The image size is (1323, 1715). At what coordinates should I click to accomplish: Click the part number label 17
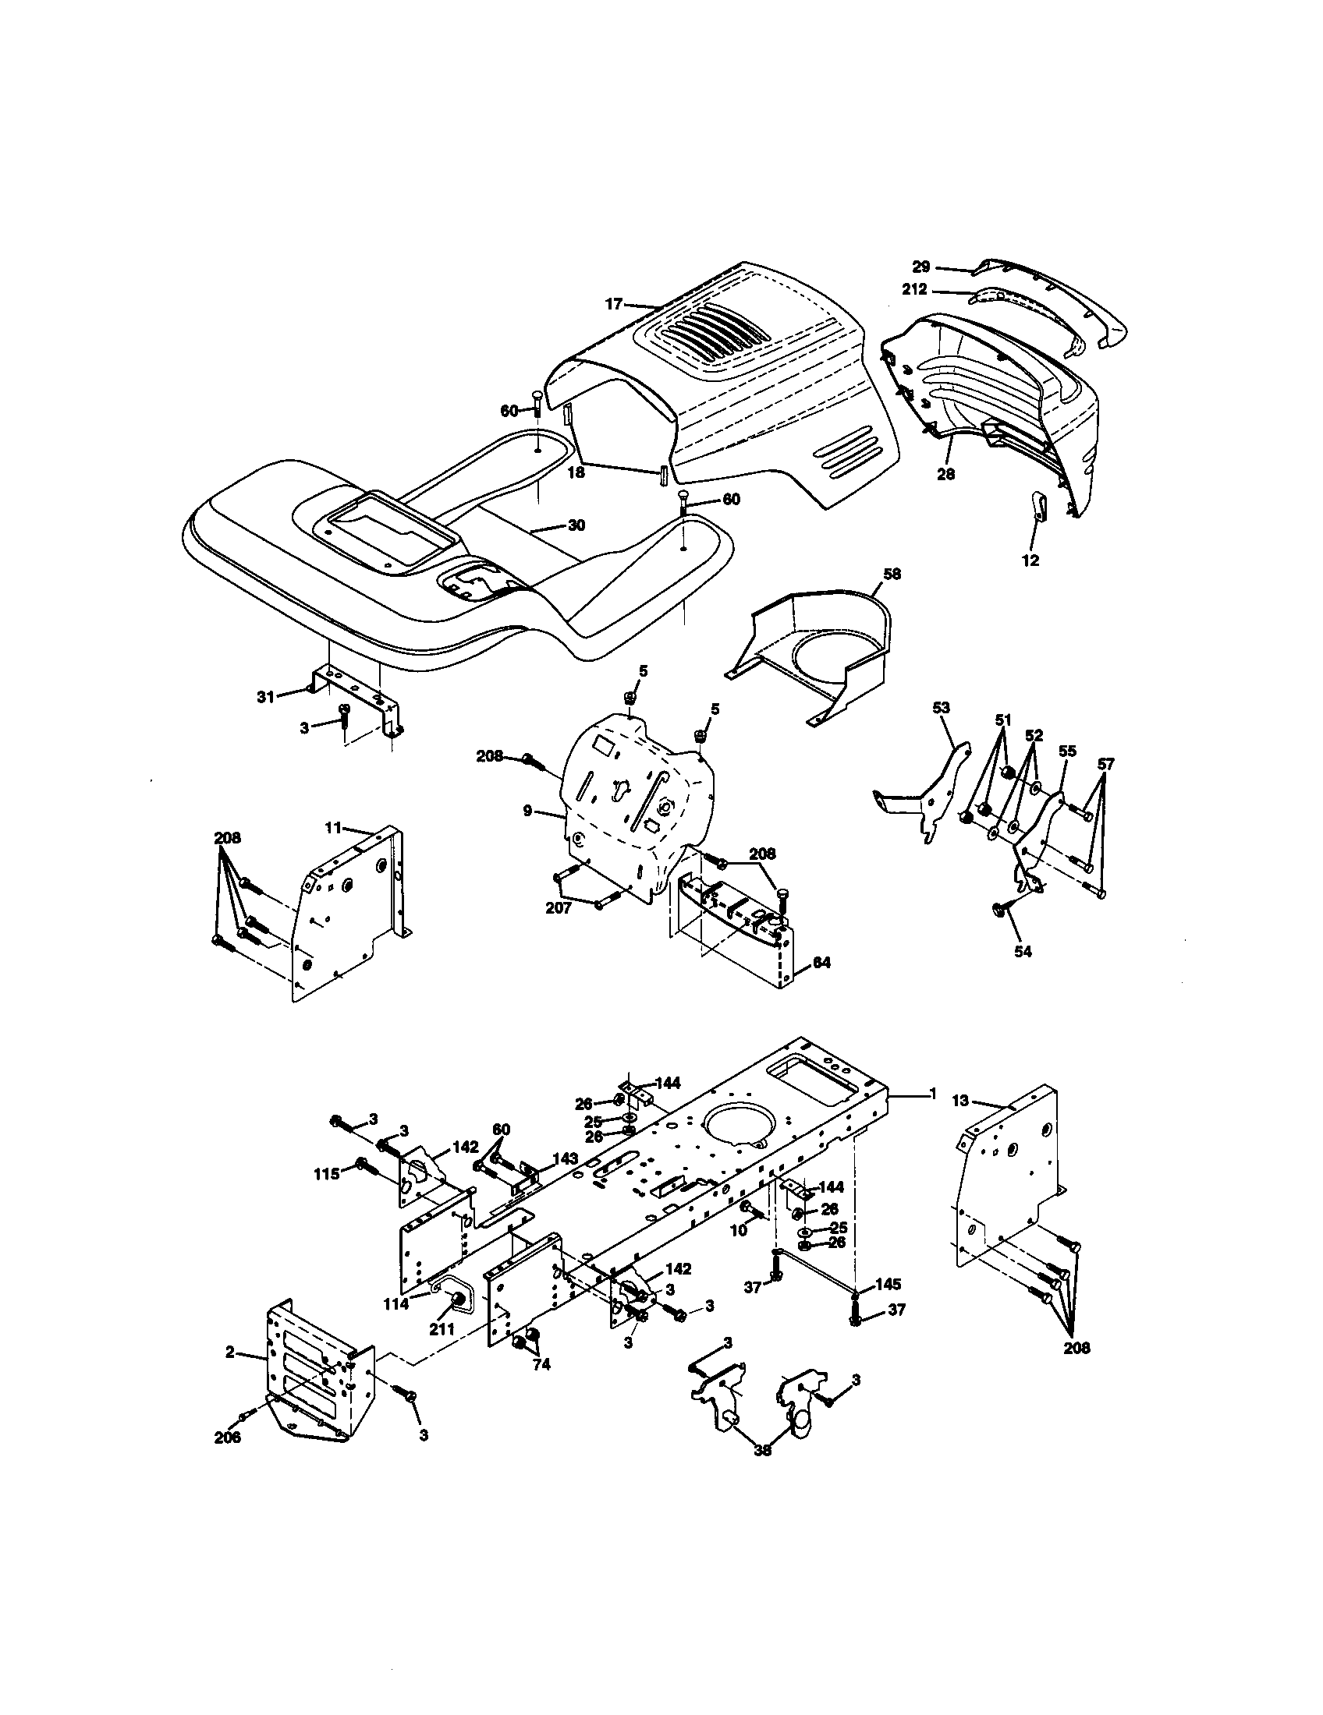click(614, 304)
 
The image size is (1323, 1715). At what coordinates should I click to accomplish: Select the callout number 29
click(920, 266)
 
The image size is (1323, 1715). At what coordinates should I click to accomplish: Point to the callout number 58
click(892, 574)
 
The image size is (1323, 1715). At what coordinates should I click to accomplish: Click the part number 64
click(821, 962)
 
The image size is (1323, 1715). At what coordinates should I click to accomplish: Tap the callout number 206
click(228, 1437)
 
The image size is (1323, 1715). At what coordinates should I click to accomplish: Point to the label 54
click(1023, 952)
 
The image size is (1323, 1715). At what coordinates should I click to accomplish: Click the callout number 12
click(1030, 560)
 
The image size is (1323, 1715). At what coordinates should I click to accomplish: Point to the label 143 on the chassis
click(565, 1158)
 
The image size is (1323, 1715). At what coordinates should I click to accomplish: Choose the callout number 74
click(541, 1365)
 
